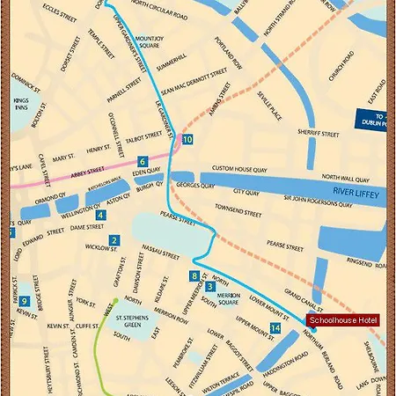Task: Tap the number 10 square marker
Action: click(187, 140)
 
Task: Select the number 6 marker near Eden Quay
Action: click(142, 162)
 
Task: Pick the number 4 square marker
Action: click(100, 215)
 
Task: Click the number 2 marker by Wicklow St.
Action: click(114, 240)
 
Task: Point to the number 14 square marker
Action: click(276, 328)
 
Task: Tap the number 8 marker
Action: click(194, 276)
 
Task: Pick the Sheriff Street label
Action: click(318, 135)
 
